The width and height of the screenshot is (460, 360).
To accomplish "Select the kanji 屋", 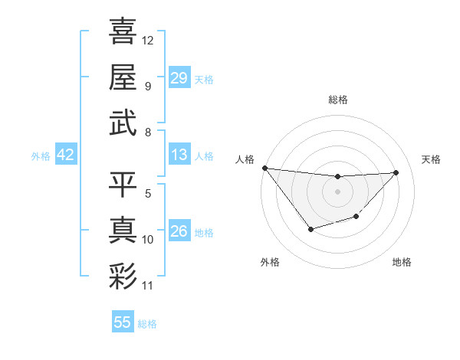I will [x=123, y=77].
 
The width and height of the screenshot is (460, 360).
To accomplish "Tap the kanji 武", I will [x=123, y=123].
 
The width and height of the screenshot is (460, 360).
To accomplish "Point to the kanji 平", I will [x=123, y=184].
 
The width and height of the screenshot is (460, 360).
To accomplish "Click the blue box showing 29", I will [x=179, y=78].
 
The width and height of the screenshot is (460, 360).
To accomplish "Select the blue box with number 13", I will [x=179, y=155].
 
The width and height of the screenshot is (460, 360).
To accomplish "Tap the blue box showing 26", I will [x=179, y=232].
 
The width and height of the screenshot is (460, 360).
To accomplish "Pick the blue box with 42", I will [x=66, y=155].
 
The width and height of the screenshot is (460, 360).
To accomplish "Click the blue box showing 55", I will [x=123, y=322].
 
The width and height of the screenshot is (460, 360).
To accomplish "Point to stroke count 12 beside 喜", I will [x=148, y=40].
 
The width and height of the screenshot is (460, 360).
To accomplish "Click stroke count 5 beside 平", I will [x=148, y=193].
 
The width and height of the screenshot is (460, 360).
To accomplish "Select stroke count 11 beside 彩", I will [x=148, y=286].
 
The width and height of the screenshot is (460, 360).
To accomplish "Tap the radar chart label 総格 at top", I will [x=337, y=100].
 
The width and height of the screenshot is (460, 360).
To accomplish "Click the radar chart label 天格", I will [x=432, y=159].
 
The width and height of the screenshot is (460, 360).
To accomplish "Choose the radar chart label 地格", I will [x=402, y=262].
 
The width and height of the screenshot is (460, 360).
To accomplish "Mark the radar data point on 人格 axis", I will [x=264, y=168].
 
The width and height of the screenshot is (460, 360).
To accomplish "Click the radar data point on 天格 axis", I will [x=396, y=172].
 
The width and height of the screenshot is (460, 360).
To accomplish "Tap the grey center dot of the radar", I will [x=337, y=191].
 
